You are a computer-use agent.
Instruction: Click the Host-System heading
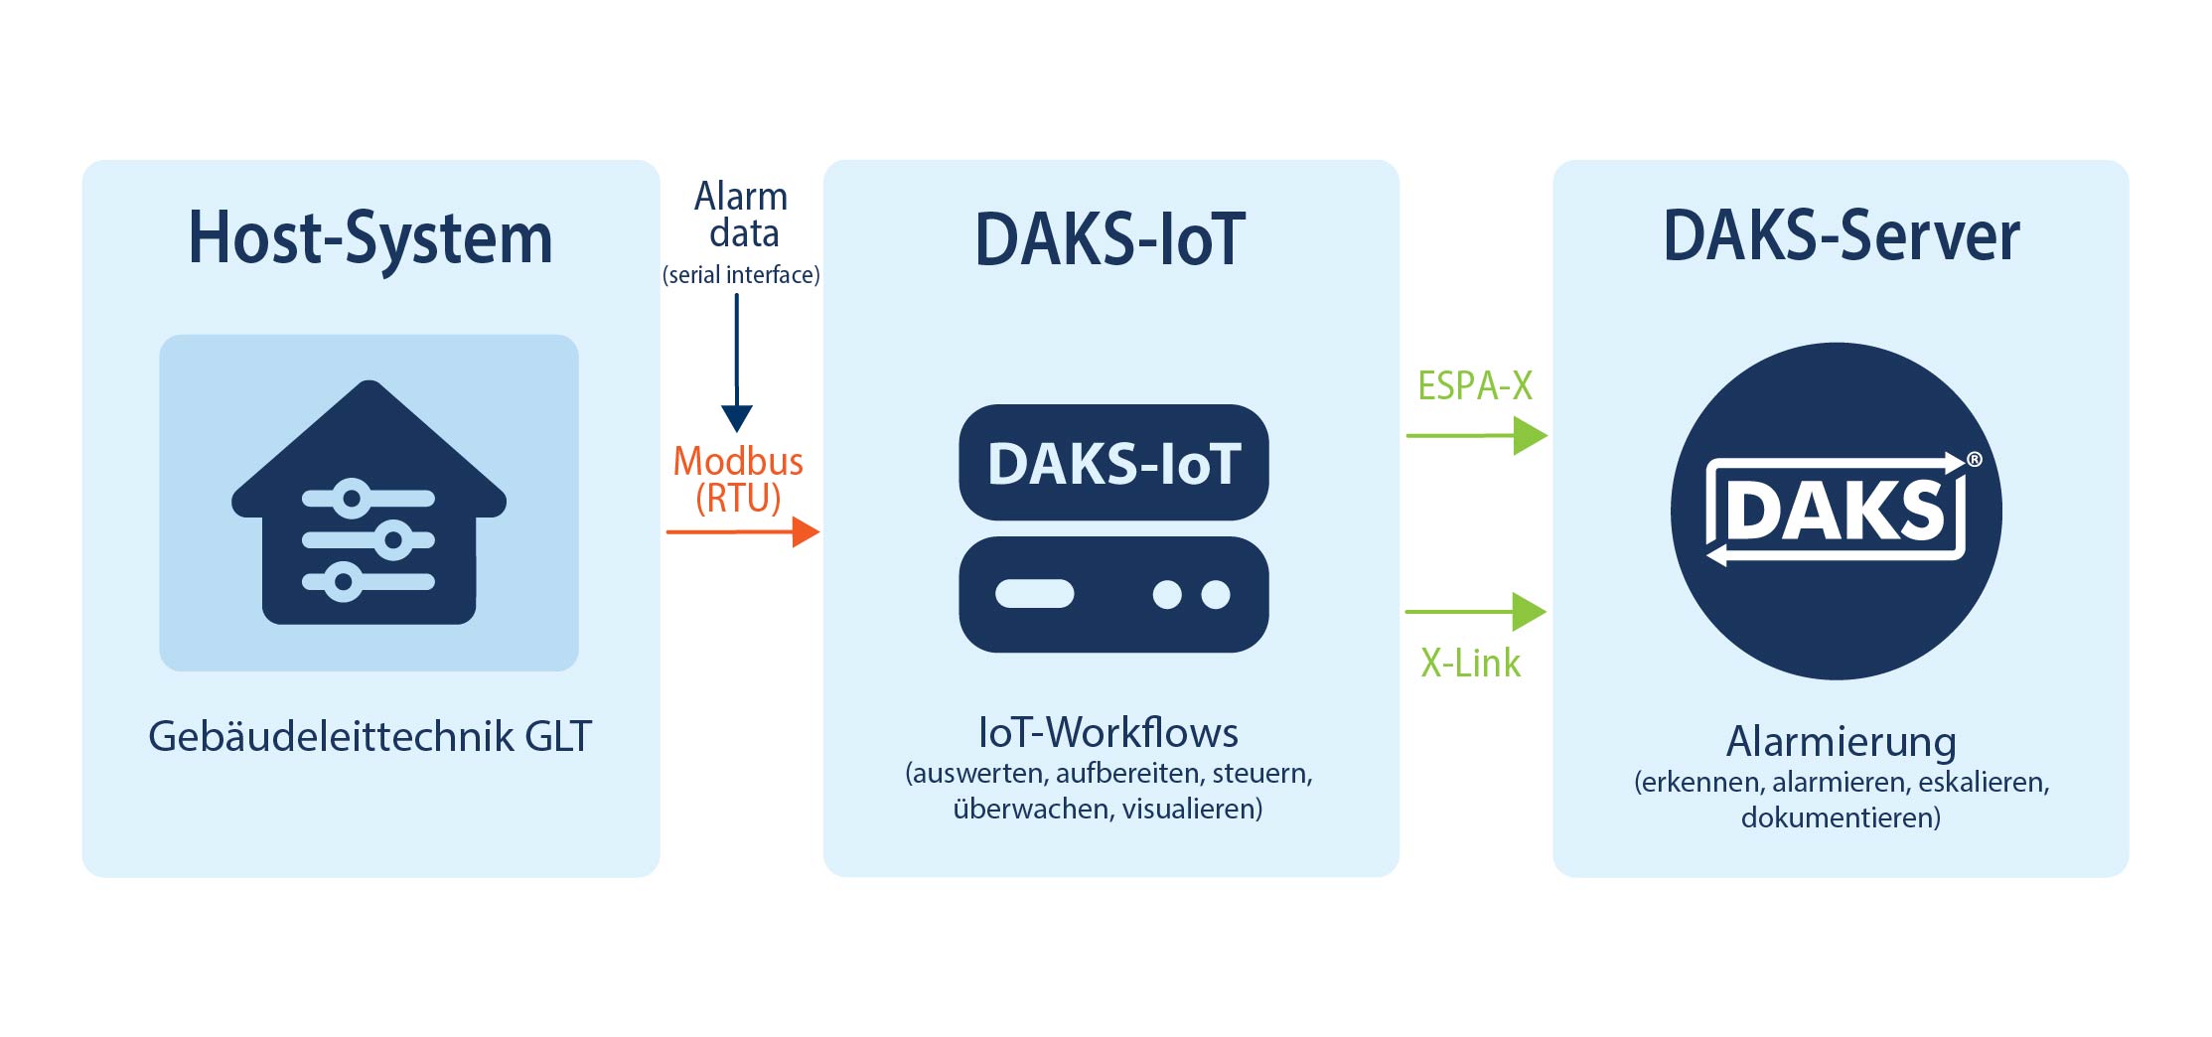pos(369,238)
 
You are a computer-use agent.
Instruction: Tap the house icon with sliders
pos(369,507)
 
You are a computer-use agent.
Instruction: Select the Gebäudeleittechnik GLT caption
pos(369,737)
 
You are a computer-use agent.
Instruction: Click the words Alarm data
pos(741,215)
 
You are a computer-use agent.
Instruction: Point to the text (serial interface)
pos(741,275)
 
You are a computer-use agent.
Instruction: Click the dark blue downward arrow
pos(737,368)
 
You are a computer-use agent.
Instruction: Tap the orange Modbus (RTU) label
pos(738,479)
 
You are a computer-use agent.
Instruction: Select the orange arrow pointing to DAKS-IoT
pos(743,532)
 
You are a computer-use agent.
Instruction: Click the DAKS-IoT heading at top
pos(1110,239)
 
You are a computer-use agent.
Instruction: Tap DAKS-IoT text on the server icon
pos(1113,464)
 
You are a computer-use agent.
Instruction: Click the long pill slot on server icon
pos(1035,594)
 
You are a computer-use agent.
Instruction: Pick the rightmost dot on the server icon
pos(1216,594)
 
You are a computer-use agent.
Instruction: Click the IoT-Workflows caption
pos(1108,733)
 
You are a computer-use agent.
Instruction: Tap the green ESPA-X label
pos(1475,385)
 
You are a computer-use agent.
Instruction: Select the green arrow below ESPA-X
pos(1477,435)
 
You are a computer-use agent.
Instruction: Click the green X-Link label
pos(1470,663)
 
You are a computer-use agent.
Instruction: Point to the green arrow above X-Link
pos(1476,612)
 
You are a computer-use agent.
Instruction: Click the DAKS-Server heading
pos(1841,236)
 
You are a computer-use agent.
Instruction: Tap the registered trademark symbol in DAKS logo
pos(1975,459)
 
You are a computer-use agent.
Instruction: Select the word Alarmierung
pos(1841,741)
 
